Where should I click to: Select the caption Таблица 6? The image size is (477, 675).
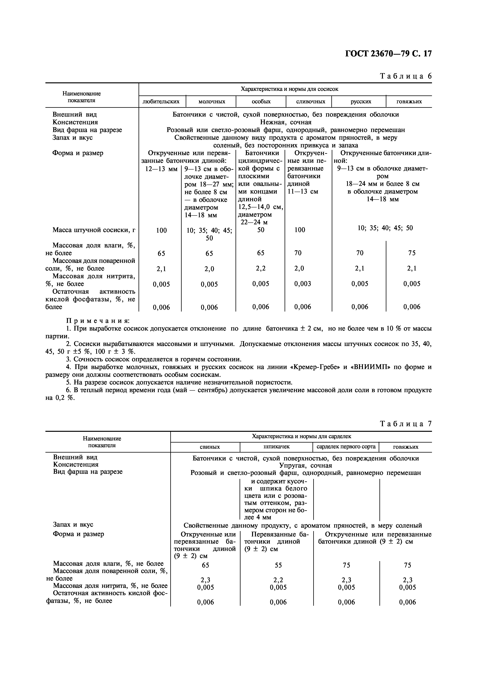[x=406, y=76]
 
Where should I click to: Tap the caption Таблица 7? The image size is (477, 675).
[x=406, y=424]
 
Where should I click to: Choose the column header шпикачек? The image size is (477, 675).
[x=277, y=446]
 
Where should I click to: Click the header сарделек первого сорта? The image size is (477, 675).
[x=346, y=446]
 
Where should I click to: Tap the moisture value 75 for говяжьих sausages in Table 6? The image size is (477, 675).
[x=412, y=253]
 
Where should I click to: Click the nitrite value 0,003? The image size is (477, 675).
[x=302, y=284]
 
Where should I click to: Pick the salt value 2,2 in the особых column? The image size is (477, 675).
[x=261, y=268]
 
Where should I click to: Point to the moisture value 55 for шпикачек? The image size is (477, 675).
[x=278, y=565]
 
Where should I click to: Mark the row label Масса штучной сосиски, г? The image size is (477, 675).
[x=94, y=230]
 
